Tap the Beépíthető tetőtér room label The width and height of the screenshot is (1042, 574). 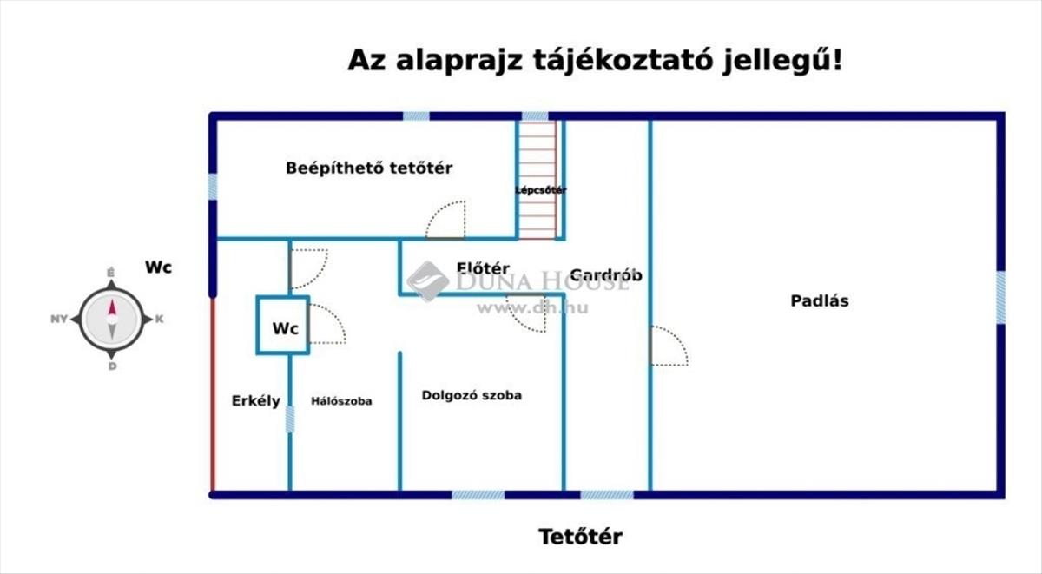[x=369, y=168]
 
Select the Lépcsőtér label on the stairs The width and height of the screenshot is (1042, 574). [x=540, y=190]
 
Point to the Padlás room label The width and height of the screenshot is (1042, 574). [x=820, y=301]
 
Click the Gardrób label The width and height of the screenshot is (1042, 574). [x=606, y=275]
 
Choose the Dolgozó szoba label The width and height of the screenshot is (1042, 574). [x=472, y=395]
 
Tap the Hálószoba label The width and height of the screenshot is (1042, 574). [x=341, y=401]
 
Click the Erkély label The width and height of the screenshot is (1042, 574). [x=256, y=401]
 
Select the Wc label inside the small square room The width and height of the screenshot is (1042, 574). [x=285, y=328]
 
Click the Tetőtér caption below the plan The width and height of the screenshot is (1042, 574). [x=581, y=537]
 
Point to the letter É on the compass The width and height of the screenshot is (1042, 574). [x=111, y=273]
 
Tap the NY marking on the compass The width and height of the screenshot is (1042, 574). [x=59, y=319]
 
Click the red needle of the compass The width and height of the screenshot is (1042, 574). [x=112, y=308]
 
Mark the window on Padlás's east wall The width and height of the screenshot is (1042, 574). [x=1000, y=298]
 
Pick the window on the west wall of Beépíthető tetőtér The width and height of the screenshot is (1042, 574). [x=213, y=187]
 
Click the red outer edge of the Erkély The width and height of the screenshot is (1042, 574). [x=213, y=394]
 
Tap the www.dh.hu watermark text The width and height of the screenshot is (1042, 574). [x=532, y=308]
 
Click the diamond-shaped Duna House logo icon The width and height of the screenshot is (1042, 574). [x=428, y=281]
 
